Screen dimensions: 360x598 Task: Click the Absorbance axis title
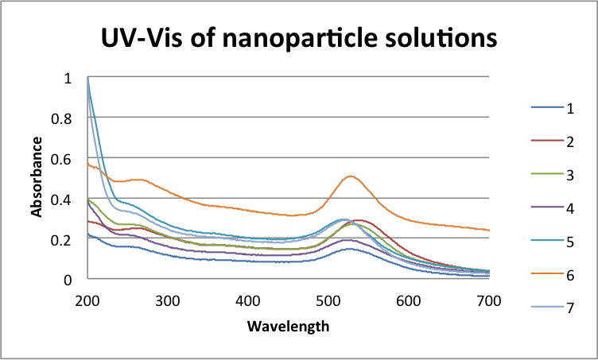pos(37,177)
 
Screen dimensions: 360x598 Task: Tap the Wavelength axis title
pos(288,326)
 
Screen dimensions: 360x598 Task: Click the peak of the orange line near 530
pos(350,176)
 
